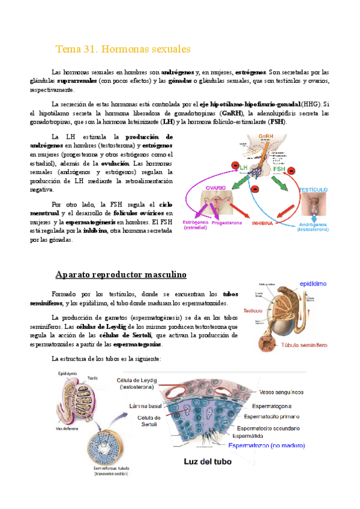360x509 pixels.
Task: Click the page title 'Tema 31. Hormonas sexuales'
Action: (122, 48)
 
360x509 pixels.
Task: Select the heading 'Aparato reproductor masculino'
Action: (121, 275)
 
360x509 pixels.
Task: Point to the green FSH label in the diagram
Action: (280, 169)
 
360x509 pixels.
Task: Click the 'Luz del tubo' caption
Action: (206, 462)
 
